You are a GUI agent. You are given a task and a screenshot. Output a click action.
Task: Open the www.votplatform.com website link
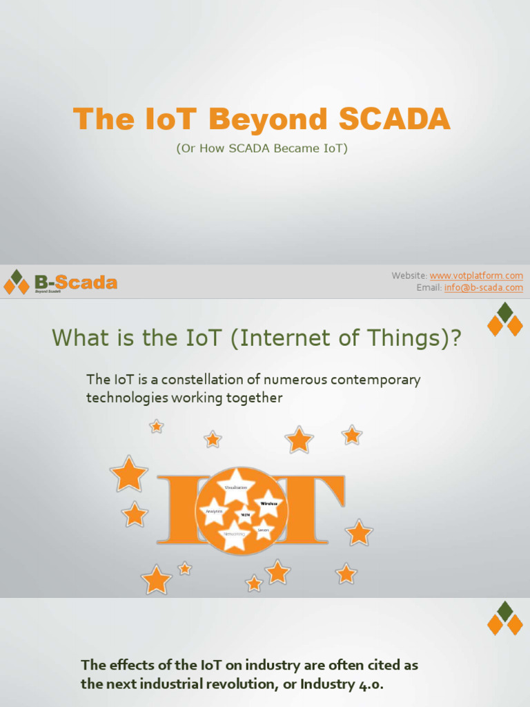click(476, 275)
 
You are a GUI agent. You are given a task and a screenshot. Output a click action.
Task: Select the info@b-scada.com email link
click(484, 288)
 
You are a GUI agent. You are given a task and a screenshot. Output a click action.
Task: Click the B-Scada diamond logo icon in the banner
click(17, 282)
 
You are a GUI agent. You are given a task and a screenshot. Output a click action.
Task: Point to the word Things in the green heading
click(410, 338)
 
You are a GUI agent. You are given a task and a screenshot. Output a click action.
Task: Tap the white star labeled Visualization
click(236, 485)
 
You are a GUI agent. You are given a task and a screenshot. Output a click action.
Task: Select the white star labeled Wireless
click(268, 503)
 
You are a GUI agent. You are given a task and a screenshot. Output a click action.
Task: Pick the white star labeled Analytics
click(213, 511)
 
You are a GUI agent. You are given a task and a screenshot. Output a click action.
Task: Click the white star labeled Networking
click(234, 534)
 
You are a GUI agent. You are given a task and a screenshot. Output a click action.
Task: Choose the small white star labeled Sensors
click(263, 530)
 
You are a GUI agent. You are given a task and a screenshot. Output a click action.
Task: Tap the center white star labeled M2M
click(245, 514)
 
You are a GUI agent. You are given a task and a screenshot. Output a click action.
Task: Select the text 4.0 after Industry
click(371, 684)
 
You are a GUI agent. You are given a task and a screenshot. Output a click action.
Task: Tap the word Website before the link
click(409, 275)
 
